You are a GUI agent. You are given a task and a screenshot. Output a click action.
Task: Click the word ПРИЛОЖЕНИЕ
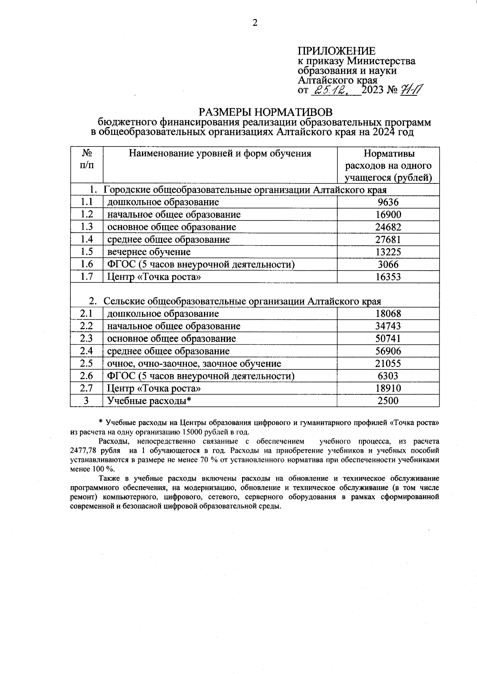[x=336, y=51]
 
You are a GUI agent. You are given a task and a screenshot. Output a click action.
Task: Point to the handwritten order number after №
[x=411, y=90]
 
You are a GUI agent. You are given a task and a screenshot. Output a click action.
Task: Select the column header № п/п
[x=87, y=159]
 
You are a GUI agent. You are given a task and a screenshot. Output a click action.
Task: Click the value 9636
[x=388, y=202]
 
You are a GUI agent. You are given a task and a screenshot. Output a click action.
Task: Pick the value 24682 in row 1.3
[x=388, y=227]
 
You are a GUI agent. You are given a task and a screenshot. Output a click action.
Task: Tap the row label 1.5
[x=87, y=252]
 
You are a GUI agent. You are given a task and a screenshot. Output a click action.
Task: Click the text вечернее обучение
[x=149, y=252]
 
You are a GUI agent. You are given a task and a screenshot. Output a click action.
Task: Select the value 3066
[x=388, y=265]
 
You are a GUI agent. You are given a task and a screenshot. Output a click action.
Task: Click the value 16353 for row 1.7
[x=388, y=277]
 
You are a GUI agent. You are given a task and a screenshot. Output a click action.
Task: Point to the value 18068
[x=388, y=314]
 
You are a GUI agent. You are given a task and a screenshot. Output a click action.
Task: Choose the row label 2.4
[x=87, y=351]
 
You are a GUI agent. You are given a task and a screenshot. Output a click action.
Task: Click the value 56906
[x=388, y=351]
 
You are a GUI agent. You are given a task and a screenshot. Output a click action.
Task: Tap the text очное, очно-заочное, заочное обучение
[x=194, y=364]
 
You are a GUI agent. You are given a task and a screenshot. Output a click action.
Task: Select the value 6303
[x=388, y=376]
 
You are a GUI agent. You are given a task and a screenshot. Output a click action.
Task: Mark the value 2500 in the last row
[x=388, y=401]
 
